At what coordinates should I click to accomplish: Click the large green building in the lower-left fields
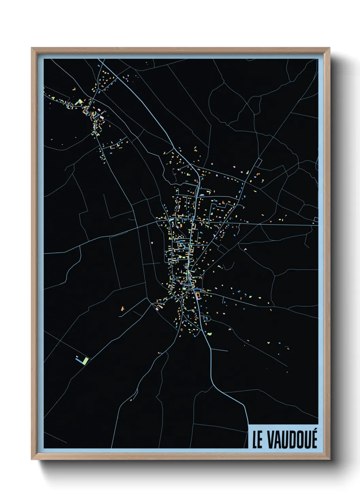click(86, 360)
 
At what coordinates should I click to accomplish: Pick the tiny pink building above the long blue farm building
click(77, 356)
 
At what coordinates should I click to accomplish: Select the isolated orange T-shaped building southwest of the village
click(122, 309)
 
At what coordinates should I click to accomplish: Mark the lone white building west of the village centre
click(152, 243)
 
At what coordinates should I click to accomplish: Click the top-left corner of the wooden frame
click(32, 48)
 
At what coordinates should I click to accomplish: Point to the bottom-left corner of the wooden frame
click(32, 459)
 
